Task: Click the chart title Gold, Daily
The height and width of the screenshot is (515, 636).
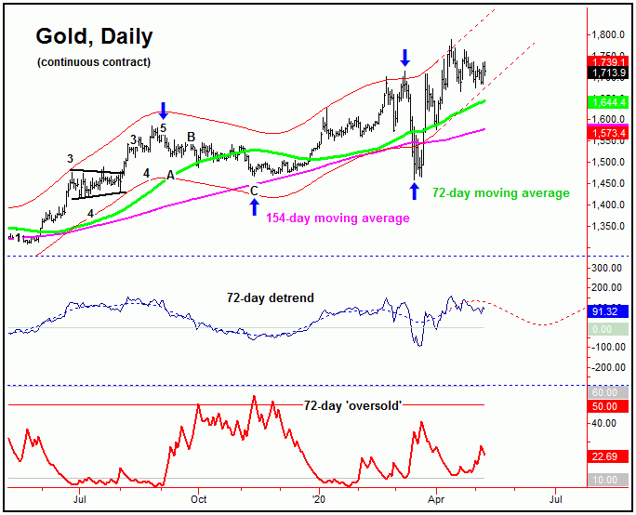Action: (94, 37)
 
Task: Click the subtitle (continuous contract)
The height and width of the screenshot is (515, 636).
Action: (94, 62)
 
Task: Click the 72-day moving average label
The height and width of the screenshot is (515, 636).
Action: (500, 192)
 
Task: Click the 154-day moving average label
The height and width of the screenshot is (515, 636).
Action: (338, 218)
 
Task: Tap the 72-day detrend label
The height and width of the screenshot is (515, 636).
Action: (271, 298)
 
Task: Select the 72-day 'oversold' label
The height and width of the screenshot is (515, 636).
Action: (348, 406)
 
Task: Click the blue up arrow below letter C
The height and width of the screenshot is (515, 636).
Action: (254, 205)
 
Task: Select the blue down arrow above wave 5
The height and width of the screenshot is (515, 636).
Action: (164, 110)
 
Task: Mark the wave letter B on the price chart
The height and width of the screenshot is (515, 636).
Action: (191, 137)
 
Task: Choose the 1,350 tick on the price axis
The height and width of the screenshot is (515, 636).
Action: (610, 226)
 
